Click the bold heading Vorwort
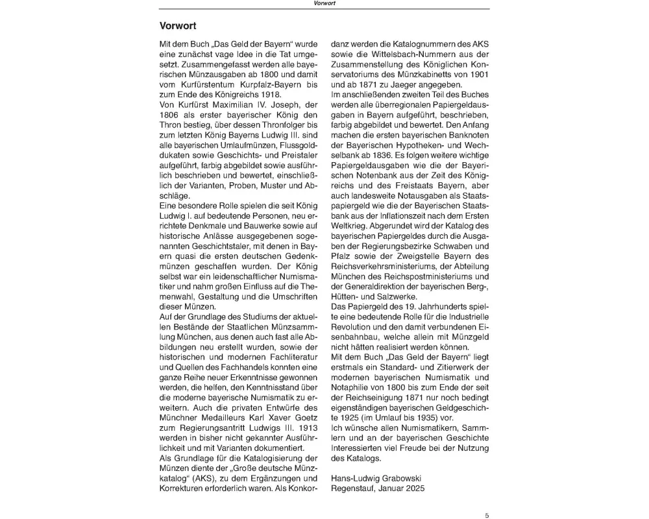179,27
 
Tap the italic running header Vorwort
324,3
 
